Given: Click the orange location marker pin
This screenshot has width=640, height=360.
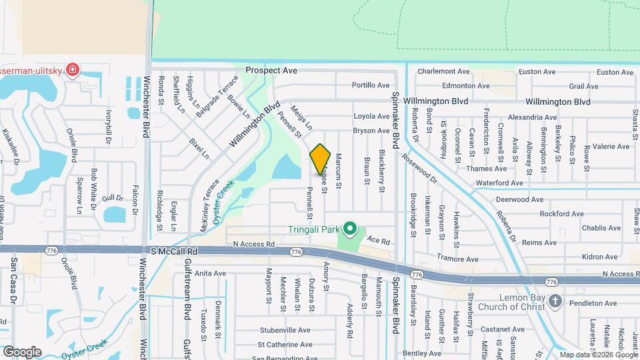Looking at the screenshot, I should coord(320,159).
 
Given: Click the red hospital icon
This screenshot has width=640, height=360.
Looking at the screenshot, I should coord(71,69).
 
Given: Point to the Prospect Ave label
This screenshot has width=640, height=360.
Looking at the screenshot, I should coord(271,70).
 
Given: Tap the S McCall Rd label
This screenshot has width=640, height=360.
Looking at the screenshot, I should coord(175,251).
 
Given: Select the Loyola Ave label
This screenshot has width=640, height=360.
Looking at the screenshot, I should coord(371,115).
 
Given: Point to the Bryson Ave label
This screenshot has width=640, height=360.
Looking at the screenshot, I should coord(371,131).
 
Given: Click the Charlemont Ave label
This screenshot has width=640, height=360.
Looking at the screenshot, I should coord(443,71).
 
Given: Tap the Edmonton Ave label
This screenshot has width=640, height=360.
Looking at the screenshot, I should coord(466,86).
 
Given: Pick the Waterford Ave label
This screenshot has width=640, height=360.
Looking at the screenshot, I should coord(499,183).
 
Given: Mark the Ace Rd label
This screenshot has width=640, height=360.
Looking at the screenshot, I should coord(377,241).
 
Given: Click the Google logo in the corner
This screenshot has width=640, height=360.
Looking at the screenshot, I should coord(22,351).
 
